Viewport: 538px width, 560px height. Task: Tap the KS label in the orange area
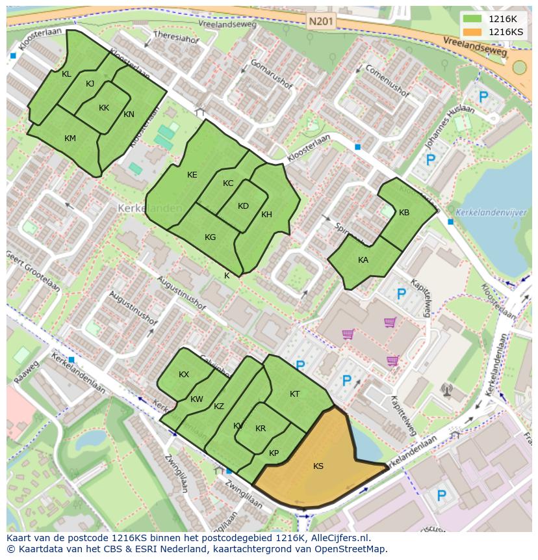coord(318,466)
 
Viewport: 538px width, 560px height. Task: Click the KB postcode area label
coord(404,213)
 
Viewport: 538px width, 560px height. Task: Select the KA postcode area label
coord(363,260)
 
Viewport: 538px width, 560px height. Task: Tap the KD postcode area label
coord(243,206)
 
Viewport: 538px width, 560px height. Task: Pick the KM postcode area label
coord(70,139)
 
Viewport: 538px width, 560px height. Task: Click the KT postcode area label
coord(294,394)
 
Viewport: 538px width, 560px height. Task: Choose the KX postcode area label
coord(184,375)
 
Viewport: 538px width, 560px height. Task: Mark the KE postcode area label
coord(192,175)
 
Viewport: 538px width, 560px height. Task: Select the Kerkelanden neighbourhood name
coord(141,208)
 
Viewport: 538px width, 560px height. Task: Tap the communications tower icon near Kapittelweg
coord(446,390)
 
